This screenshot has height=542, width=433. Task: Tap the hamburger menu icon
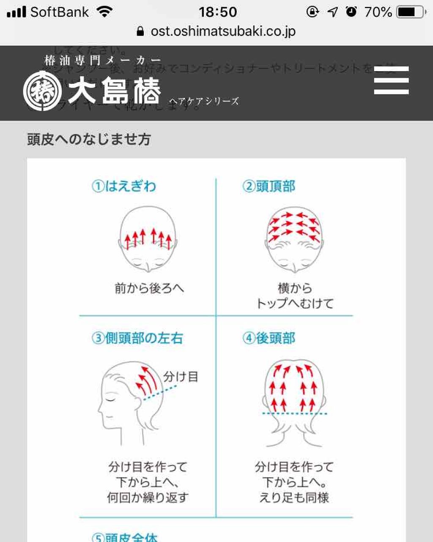391,80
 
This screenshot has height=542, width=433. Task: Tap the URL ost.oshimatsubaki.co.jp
223,31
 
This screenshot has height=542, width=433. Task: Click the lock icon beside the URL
140,31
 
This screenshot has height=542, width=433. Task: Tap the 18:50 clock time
218,12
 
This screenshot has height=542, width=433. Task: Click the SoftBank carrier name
59,12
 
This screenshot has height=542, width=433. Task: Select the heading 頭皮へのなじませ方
89,139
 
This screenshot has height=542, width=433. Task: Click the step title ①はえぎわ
124,186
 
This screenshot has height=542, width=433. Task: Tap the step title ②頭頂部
269,186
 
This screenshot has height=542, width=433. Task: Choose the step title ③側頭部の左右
137,338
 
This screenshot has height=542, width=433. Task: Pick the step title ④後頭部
269,338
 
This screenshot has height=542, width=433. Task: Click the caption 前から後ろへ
149,289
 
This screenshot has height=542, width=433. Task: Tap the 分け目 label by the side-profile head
181,377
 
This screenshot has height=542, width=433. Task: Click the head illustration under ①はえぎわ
148,239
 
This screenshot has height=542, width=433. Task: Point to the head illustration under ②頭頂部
294,239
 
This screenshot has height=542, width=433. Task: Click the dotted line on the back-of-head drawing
294,413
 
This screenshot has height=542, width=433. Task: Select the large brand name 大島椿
114,91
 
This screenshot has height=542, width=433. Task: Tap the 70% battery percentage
378,12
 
